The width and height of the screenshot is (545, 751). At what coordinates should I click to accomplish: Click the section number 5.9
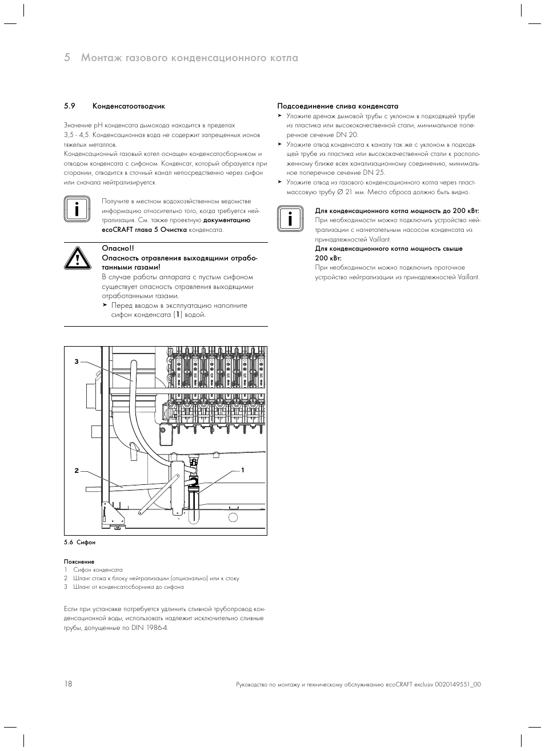click(70, 106)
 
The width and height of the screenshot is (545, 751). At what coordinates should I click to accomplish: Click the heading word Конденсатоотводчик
click(129, 106)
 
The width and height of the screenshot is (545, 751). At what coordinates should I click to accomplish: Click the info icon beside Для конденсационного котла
click(289, 219)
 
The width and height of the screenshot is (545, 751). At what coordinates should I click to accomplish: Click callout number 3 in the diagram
click(75, 362)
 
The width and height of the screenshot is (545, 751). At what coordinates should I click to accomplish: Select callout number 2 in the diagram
click(76, 471)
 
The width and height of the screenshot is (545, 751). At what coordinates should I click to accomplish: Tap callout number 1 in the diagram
click(243, 469)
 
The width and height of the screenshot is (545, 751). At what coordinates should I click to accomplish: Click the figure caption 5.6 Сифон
click(80, 543)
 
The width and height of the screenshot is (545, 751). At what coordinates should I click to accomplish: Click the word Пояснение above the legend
click(79, 561)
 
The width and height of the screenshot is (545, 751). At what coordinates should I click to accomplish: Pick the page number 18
click(68, 684)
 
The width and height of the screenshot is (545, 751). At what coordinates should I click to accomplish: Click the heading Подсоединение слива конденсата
click(338, 106)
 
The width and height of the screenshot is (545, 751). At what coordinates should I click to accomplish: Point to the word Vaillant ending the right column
click(468, 277)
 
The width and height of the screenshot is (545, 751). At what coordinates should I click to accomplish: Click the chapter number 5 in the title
click(67, 58)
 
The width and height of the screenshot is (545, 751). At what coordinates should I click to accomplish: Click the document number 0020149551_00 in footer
click(458, 684)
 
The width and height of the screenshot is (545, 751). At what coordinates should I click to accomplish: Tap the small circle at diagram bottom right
click(233, 517)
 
